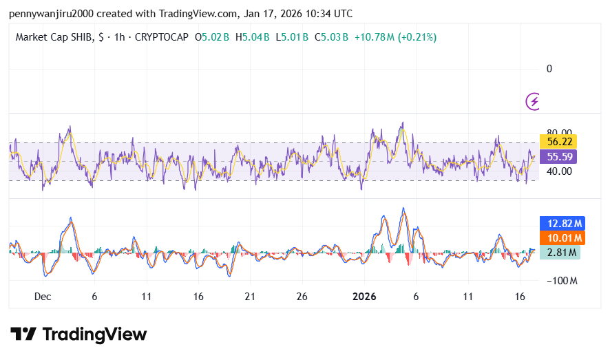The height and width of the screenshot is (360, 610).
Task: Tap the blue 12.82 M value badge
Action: [561, 223]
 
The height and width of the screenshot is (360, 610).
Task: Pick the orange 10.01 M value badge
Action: [561, 238]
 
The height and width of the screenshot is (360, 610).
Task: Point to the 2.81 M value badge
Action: [559, 253]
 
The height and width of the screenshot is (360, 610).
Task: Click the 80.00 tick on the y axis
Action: [559, 133]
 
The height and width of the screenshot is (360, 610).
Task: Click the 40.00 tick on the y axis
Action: [559, 171]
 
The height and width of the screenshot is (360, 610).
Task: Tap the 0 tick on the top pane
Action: [549, 68]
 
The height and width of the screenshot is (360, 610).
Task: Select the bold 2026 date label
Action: [364, 297]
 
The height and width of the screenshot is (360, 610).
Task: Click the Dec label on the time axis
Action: [43, 297]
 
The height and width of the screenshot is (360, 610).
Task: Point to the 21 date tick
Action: [250, 297]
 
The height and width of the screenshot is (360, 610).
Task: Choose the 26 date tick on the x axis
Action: [302, 297]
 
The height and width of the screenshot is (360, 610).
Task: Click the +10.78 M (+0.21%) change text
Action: [395, 36]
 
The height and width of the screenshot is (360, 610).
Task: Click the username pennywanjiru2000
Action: [47, 13]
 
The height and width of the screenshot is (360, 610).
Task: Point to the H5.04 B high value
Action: [253, 36]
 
